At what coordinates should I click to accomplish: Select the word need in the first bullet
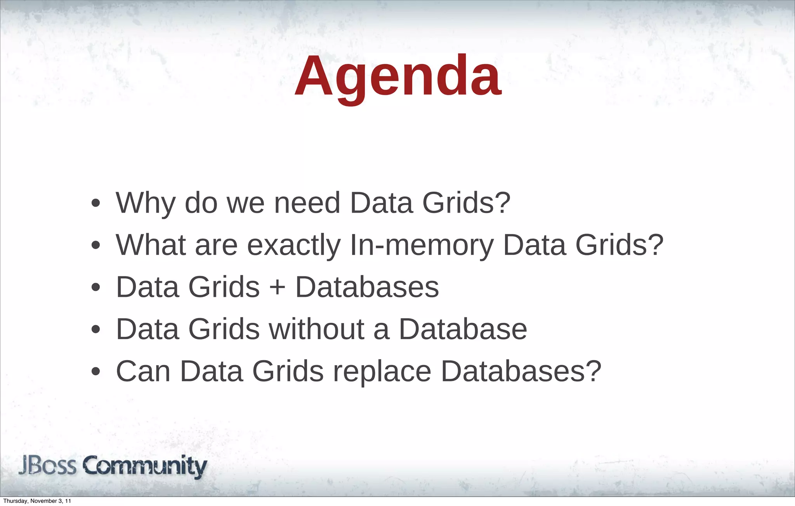point(307,203)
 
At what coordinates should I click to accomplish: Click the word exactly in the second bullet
point(294,245)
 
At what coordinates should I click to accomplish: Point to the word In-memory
point(422,245)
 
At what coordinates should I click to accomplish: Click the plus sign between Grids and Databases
point(277,288)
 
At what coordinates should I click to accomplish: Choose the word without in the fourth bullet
point(317,329)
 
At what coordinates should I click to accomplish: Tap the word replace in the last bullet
point(382,371)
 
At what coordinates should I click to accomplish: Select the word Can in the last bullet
point(143,371)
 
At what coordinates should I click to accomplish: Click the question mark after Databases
point(593,371)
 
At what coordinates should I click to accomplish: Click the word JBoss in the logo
point(47,466)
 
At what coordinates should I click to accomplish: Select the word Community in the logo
point(145,466)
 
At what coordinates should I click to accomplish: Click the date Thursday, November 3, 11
point(37,501)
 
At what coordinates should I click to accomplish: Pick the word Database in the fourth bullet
point(463,329)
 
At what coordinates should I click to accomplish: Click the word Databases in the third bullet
point(367,288)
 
